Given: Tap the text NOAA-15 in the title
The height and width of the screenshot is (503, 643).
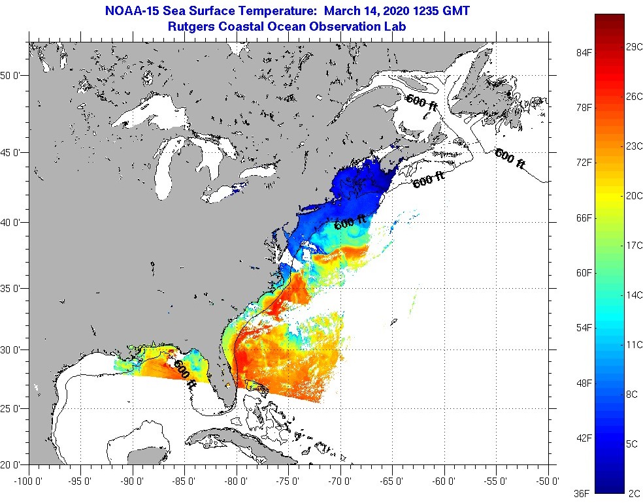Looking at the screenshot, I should point(131,11).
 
